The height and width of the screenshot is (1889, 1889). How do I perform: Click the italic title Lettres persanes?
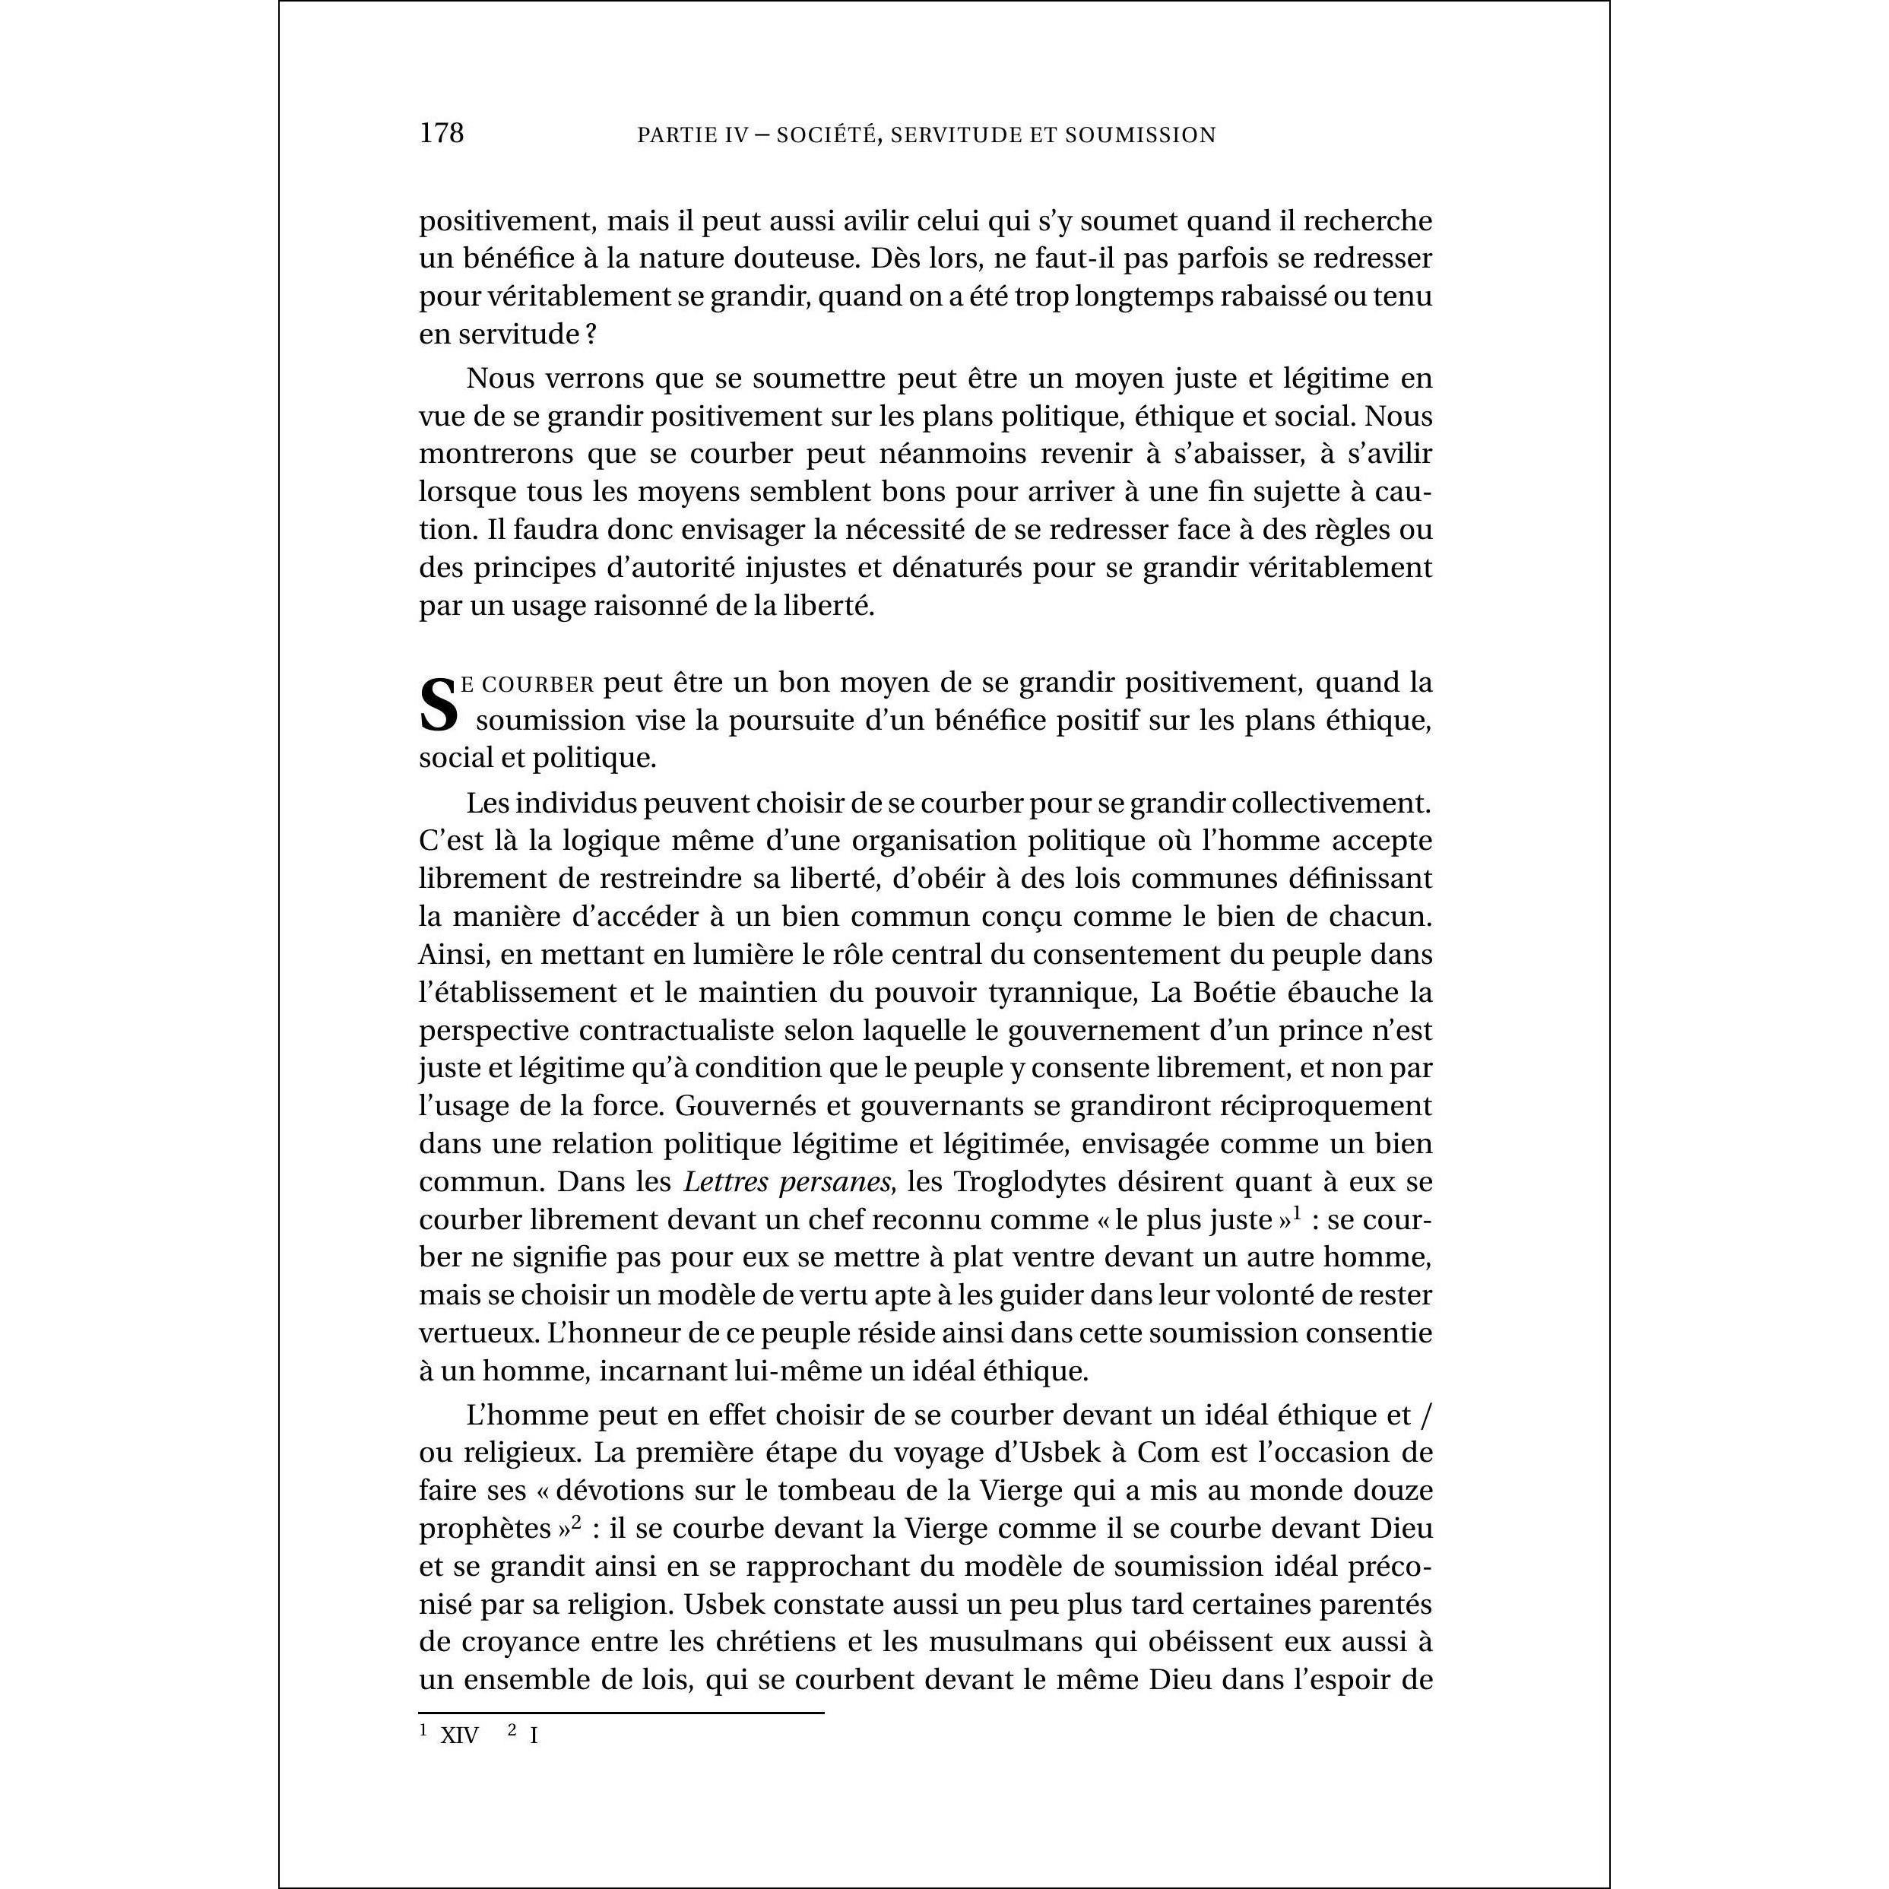787,1181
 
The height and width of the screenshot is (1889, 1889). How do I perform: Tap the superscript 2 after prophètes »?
577,1523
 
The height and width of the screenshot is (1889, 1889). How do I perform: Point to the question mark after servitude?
591,334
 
